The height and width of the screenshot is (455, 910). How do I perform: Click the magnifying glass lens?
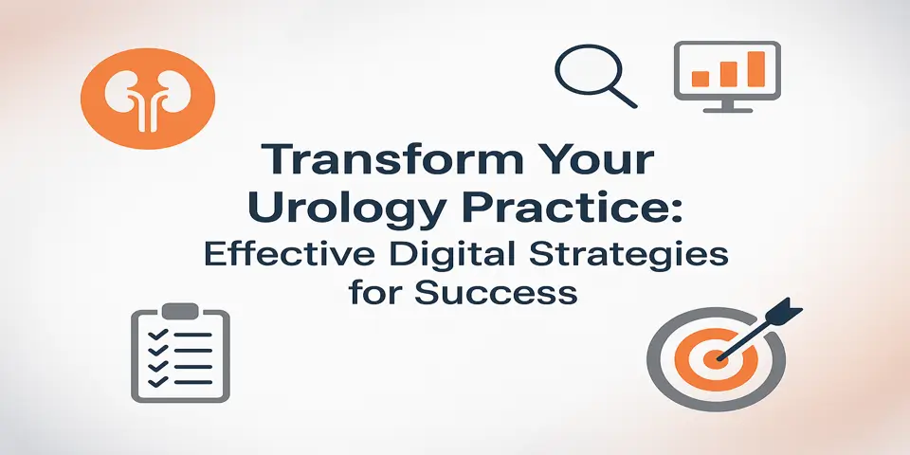click(x=581, y=70)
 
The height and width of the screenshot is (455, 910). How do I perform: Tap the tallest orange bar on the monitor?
click(x=755, y=67)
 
